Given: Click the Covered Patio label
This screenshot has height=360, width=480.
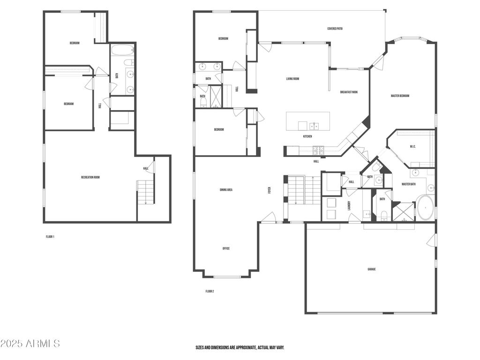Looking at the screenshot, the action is click(x=335, y=29).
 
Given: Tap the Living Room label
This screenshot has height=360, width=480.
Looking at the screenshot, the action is click(x=292, y=79).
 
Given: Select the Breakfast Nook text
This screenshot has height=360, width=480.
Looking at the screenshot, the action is click(x=349, y=92).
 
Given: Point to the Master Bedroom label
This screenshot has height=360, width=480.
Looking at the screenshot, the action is click(x=400, y=96).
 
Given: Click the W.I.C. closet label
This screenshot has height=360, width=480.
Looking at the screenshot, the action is click(x=412, y=147).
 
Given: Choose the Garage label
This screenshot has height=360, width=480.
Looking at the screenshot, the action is click(x=372, y=270).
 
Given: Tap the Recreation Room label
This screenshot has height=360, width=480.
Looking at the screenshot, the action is click(x=90, y=178).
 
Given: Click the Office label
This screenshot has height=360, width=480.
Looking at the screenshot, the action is click(x=226, y=248).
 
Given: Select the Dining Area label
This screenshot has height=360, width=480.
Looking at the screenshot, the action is click(x=226, y=190).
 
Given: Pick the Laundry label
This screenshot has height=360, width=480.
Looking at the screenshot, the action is click(x=349, y=205).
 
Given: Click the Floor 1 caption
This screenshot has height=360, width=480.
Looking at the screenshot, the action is click(x=50, y=237).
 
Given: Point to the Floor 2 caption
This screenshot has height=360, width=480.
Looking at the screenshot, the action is click(x=210, y=292).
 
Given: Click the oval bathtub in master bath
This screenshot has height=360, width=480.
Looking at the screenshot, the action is click(x=425, y=208).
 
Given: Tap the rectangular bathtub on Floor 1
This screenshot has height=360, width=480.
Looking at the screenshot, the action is click(x=122, y=50).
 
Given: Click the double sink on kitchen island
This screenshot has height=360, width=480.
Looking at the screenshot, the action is click(x=314, y=126).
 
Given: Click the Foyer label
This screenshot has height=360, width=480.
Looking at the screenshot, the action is click(x=270, y=190).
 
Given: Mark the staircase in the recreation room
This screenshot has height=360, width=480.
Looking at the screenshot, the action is click(x=145, y=192).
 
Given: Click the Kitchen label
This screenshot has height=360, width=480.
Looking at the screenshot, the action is click(x=307, y=136).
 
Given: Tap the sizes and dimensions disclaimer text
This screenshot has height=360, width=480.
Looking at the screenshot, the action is click(x=240, y=348).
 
